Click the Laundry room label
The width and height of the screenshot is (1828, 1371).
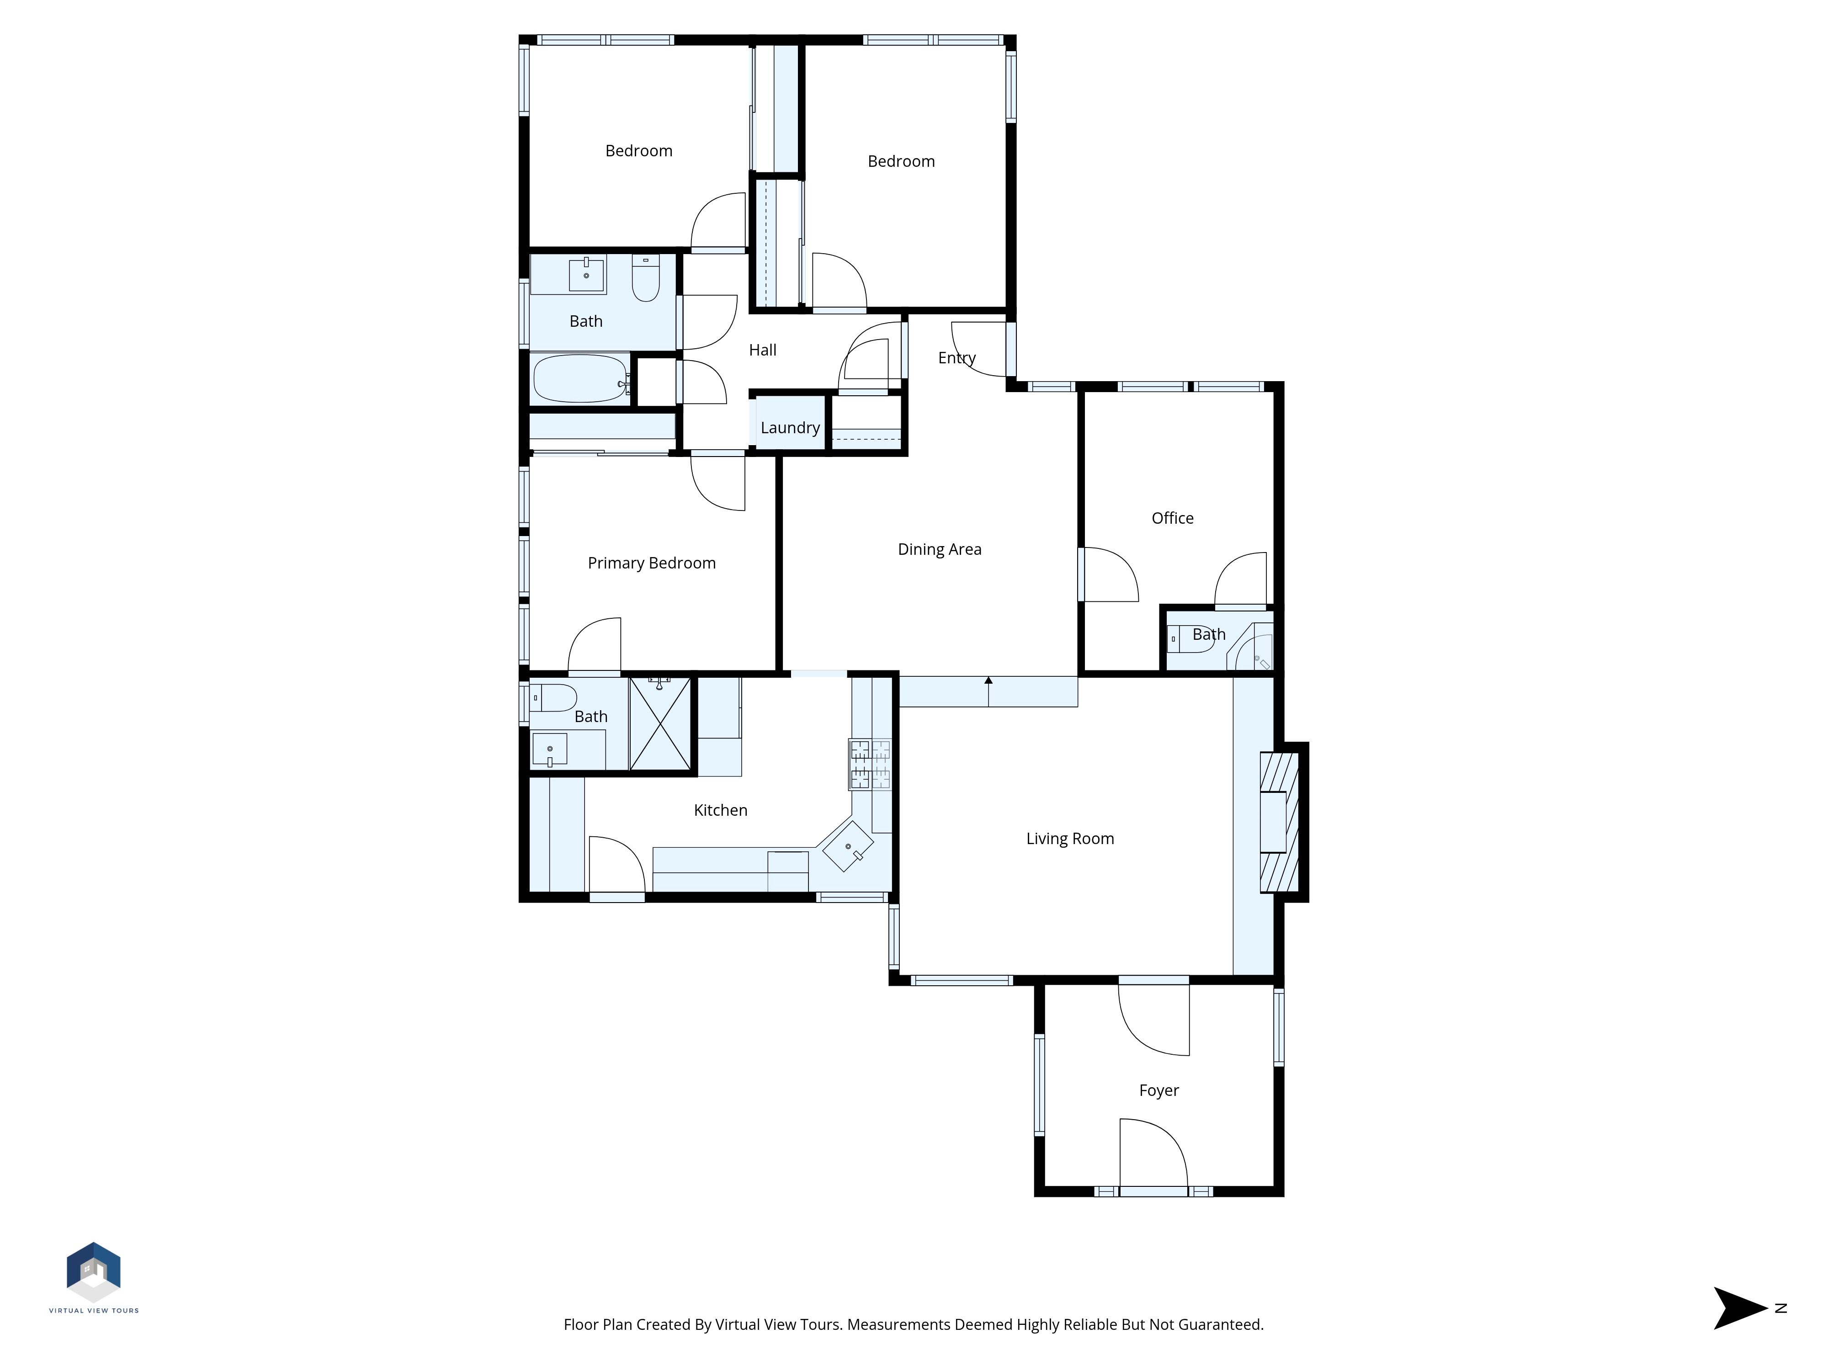click(790, 428)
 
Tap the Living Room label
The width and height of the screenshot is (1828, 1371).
click(1070, 839)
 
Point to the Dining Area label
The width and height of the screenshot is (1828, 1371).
click(940, 550)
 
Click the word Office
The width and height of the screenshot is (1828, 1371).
click(1173, 518)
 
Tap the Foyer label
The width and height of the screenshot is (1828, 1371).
click(1158, 1091)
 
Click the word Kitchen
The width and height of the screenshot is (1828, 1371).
click(721, 811)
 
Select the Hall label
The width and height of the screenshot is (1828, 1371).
click(763, 351)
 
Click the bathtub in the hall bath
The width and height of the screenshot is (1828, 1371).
click(581, 378)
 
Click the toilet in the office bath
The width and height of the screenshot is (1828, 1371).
click(1191, 639)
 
